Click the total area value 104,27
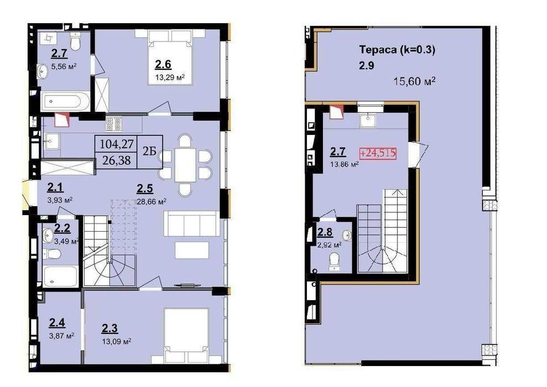[x=117, y=144]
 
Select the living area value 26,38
[x=117, y=160]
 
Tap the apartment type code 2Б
[x=149, y=151]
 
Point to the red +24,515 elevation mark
[x=378, y=153]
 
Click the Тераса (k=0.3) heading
[x=397, y=50]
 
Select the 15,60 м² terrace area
[x=414, y=81]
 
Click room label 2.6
[x=163, y=65]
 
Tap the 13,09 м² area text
[x=117, y=341]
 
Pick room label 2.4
[x=57, y=323]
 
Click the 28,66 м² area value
[x=152, y=202]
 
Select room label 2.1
[x=55, y=187]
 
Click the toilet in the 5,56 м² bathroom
[x=75, y=41]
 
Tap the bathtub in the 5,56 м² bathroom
[x=65, y=102]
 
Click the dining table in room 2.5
[x=185, y=165]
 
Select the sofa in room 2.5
[x=192, y=223]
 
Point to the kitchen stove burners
[x=114, y=124]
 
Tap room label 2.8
[x=325, y=232]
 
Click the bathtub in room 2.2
[x=61, y=276]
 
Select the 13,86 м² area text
[x=345, y=164]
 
